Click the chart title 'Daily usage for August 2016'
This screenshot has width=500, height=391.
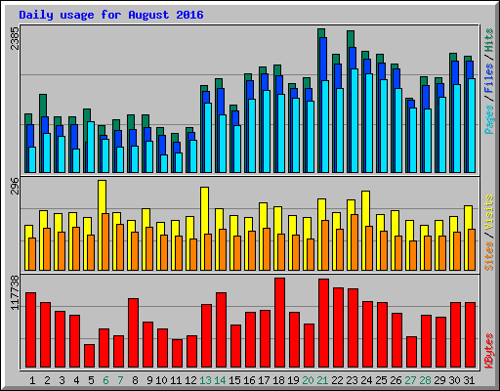109,16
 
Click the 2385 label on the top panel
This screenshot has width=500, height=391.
14,40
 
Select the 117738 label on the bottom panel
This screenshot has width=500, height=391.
14,294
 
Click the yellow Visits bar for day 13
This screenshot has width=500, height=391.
204,210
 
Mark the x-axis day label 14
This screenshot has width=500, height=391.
221,379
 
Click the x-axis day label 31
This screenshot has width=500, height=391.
470,379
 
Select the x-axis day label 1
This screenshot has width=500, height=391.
32,379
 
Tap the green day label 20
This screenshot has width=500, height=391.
309,379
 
